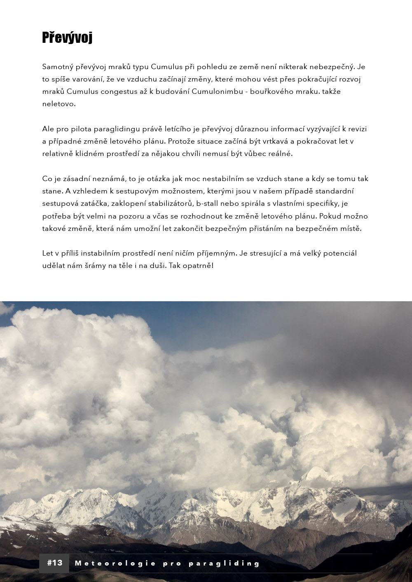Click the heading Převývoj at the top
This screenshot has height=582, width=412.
point(67,37)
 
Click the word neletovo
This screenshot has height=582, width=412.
point(59,104)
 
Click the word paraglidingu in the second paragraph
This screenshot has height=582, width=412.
point(112,129)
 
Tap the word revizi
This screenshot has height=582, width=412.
point(357,129)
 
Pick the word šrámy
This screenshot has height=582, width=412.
point(94,265)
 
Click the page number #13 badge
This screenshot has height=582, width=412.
point(55,563)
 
